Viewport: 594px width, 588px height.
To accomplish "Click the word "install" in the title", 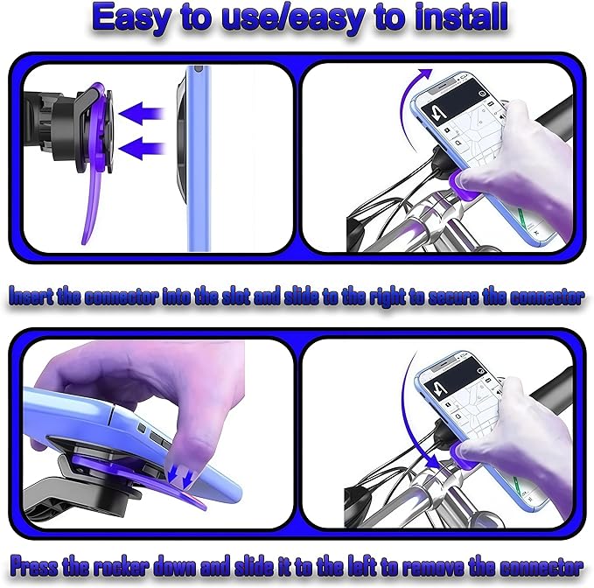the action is pos(461,17).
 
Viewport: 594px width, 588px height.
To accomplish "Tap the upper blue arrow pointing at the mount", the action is pos(141,113).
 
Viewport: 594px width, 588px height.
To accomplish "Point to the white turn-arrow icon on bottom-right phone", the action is pos(439,388).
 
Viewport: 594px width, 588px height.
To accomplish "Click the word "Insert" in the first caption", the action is pos(31,296).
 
